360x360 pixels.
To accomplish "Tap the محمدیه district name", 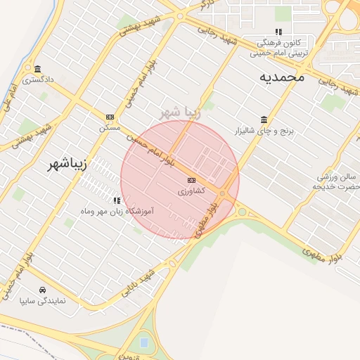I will [281, 77].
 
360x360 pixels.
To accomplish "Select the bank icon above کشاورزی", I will [192, 181].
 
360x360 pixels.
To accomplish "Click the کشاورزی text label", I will [192, 191].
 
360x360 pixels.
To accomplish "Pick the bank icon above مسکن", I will [110, 117].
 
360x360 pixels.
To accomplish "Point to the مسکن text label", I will [110, 127].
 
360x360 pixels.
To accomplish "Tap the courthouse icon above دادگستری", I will [37, 69].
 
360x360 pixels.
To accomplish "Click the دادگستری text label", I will [37, 79].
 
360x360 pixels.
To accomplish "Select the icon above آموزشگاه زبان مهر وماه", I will [117, 200].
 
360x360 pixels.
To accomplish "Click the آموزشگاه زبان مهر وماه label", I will [117, 211].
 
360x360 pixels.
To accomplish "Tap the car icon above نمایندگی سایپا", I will [42, 290].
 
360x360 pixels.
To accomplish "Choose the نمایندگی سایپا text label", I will [42, 300].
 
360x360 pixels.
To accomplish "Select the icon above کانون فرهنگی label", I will [278, 32].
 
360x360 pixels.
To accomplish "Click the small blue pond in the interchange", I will [144, 342].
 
